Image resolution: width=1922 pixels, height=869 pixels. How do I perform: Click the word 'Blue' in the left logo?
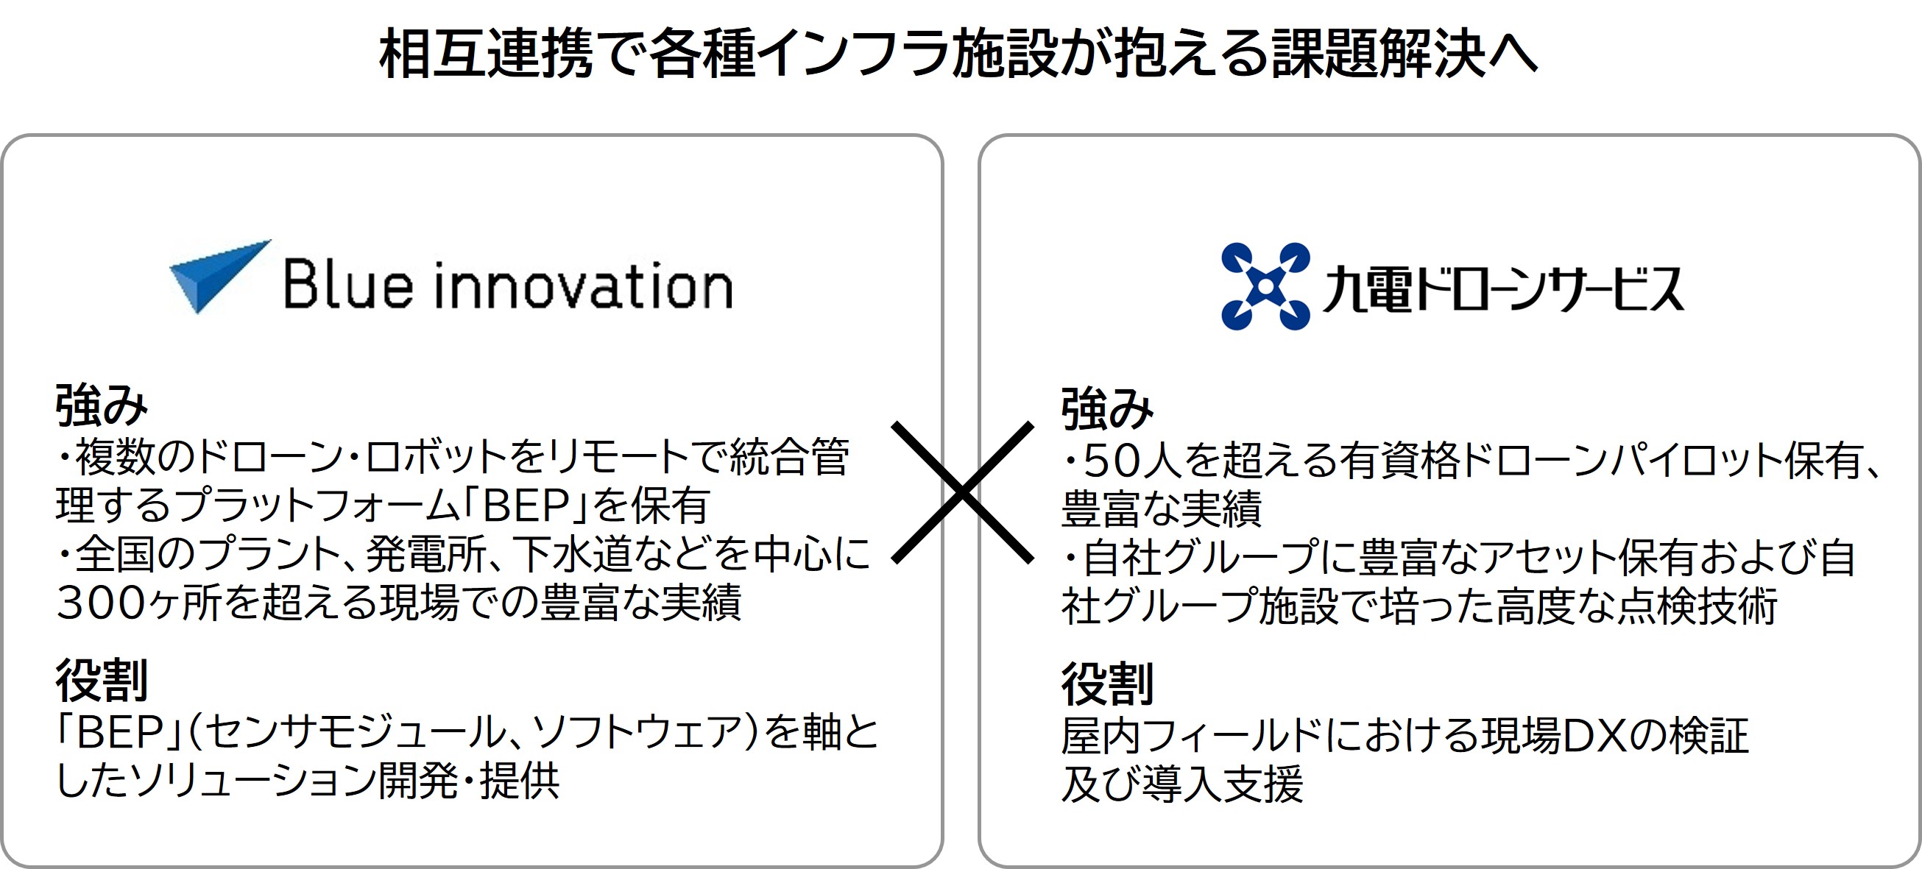pyautogui.click(x=348, y=283)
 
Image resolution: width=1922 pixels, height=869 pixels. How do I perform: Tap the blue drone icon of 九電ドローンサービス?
pyautogui.click(x=1265, y=285)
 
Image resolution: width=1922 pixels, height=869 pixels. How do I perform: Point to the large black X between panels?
pyautogui.click(x=963, y=492)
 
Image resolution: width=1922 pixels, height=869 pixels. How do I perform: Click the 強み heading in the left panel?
pyautogui.click(x=102, y=405)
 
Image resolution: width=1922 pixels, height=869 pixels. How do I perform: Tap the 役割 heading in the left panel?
pyautogui.click(x=102, y=681)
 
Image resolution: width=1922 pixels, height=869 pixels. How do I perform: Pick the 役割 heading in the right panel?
pyautogui.click(x=1107, y=684)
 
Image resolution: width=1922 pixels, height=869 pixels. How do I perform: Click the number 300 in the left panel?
pyautogui.click(x=101, y=603)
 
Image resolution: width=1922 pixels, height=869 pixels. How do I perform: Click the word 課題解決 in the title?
pyautogui.click(x=1377, y=54)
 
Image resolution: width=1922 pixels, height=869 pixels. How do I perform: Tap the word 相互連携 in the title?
pyautogui.click(x=486, y=54)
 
